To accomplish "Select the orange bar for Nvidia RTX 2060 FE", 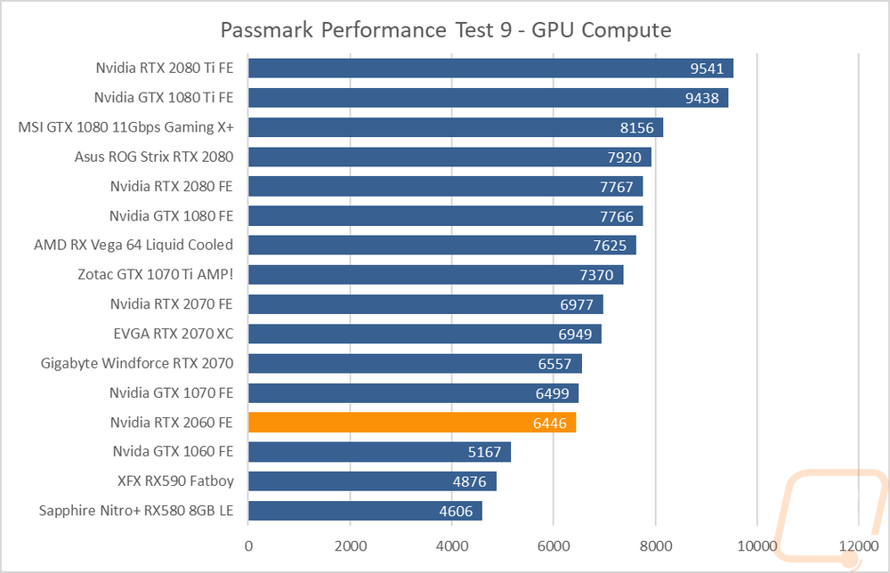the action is (x=412, y=423).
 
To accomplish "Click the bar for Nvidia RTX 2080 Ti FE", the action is (x=491, y=69).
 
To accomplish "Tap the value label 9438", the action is (x=702, y=98).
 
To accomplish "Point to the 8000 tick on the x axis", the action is (x=656, y=546).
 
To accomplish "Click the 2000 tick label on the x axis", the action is (x=350, y=546).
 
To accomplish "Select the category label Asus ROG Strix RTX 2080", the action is (x=154, y=157).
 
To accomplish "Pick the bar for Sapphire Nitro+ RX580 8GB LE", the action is (x=365, y=511).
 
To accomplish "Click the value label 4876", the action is (x=469, y=481).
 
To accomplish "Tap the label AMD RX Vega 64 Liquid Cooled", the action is (x=133, y=245).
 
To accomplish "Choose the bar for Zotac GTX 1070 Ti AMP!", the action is (x=436, y=275).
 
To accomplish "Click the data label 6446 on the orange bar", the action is (x=550, y=424).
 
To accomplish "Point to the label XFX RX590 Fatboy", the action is (x=175, y=481).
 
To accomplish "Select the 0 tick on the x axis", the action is (x=248, y=546).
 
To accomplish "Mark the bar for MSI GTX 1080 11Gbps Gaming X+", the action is (x=456, y=127).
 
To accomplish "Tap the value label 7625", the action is (x=610, y=246).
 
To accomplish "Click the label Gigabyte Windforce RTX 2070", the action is (x=137, y=363).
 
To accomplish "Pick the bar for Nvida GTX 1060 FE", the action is (x=380, y=452).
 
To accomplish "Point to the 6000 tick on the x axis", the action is (x=554, y=546).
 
